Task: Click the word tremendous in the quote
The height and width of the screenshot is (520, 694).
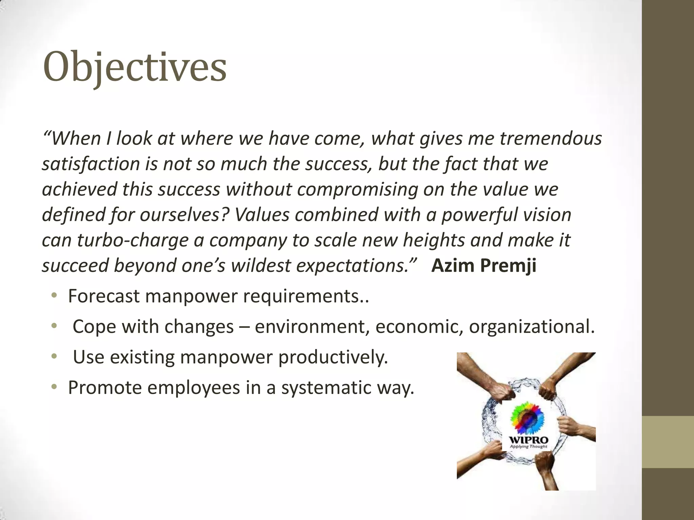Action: click(x=551, y=138)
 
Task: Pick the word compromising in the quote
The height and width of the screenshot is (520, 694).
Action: click(x=358, y=189)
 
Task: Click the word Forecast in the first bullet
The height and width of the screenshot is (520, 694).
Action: click(x=104, y=296)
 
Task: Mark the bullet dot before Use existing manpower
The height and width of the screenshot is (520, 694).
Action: click(x=54, y=357)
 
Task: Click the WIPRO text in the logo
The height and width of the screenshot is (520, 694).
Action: click(x=529, y=440)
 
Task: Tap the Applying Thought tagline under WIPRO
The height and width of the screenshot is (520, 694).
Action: click(x=529, y=447)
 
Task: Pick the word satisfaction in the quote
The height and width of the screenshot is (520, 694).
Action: click(x=91, y=164)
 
